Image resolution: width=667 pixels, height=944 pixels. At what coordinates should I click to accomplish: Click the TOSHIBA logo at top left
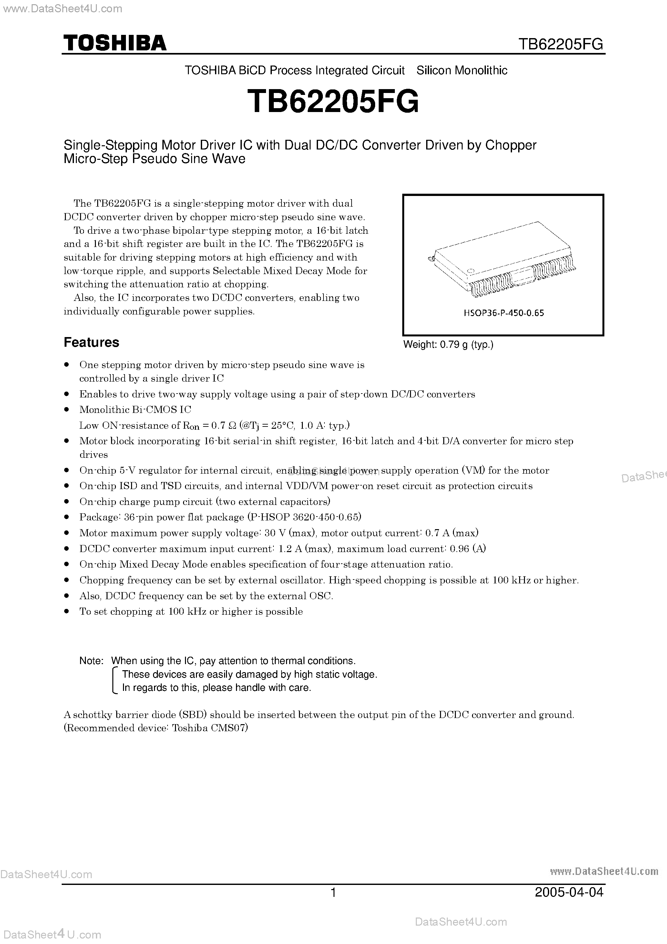[x=115, y=43]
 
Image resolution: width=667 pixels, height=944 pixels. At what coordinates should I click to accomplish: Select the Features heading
[x=91, y=342]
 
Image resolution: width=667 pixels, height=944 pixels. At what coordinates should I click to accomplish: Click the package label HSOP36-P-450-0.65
[x=503, y=313]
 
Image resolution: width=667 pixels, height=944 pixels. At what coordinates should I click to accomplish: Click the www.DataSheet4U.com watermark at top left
[x=62, y=9]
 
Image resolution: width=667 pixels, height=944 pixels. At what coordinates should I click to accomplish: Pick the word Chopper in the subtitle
[x=511, y=145]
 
